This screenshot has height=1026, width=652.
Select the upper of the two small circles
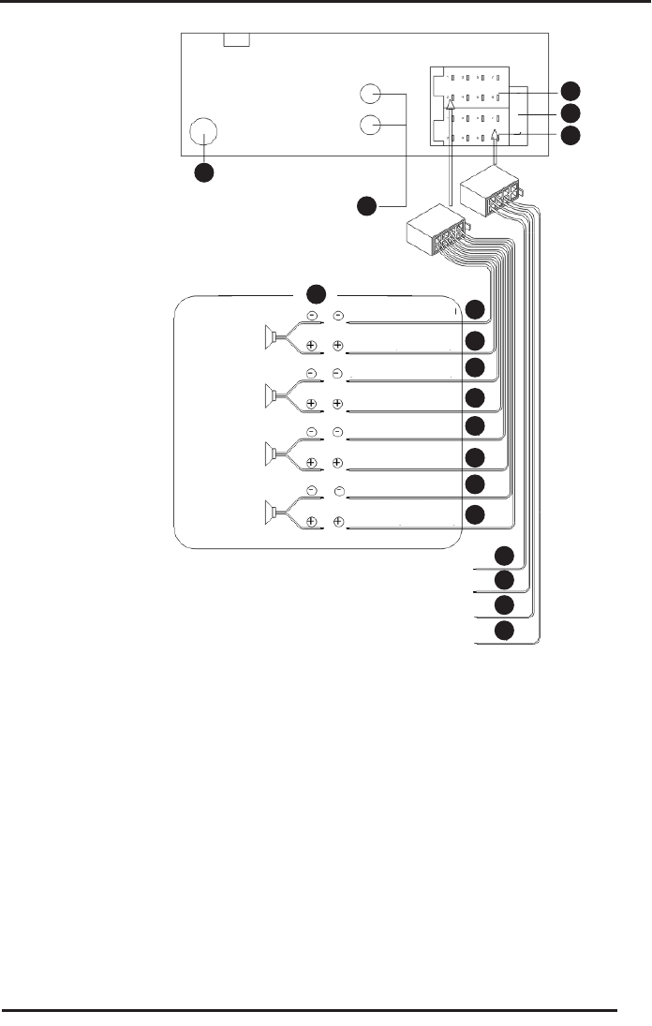coord(371,95)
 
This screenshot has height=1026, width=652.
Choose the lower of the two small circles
coord(371,124)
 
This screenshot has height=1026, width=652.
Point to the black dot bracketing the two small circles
coord(369,204)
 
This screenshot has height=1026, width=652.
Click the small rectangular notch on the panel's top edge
coord(237,39)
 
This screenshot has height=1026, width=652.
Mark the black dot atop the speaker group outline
coord(318,290)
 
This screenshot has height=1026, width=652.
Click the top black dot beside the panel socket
coord(570,91)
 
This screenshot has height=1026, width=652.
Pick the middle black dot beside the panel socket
coord(570,113)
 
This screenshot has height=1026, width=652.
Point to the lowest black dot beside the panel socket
coord(570,136)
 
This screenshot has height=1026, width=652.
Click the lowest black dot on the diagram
coord(505,631)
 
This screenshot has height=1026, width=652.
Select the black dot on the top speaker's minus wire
coord(477,311)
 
